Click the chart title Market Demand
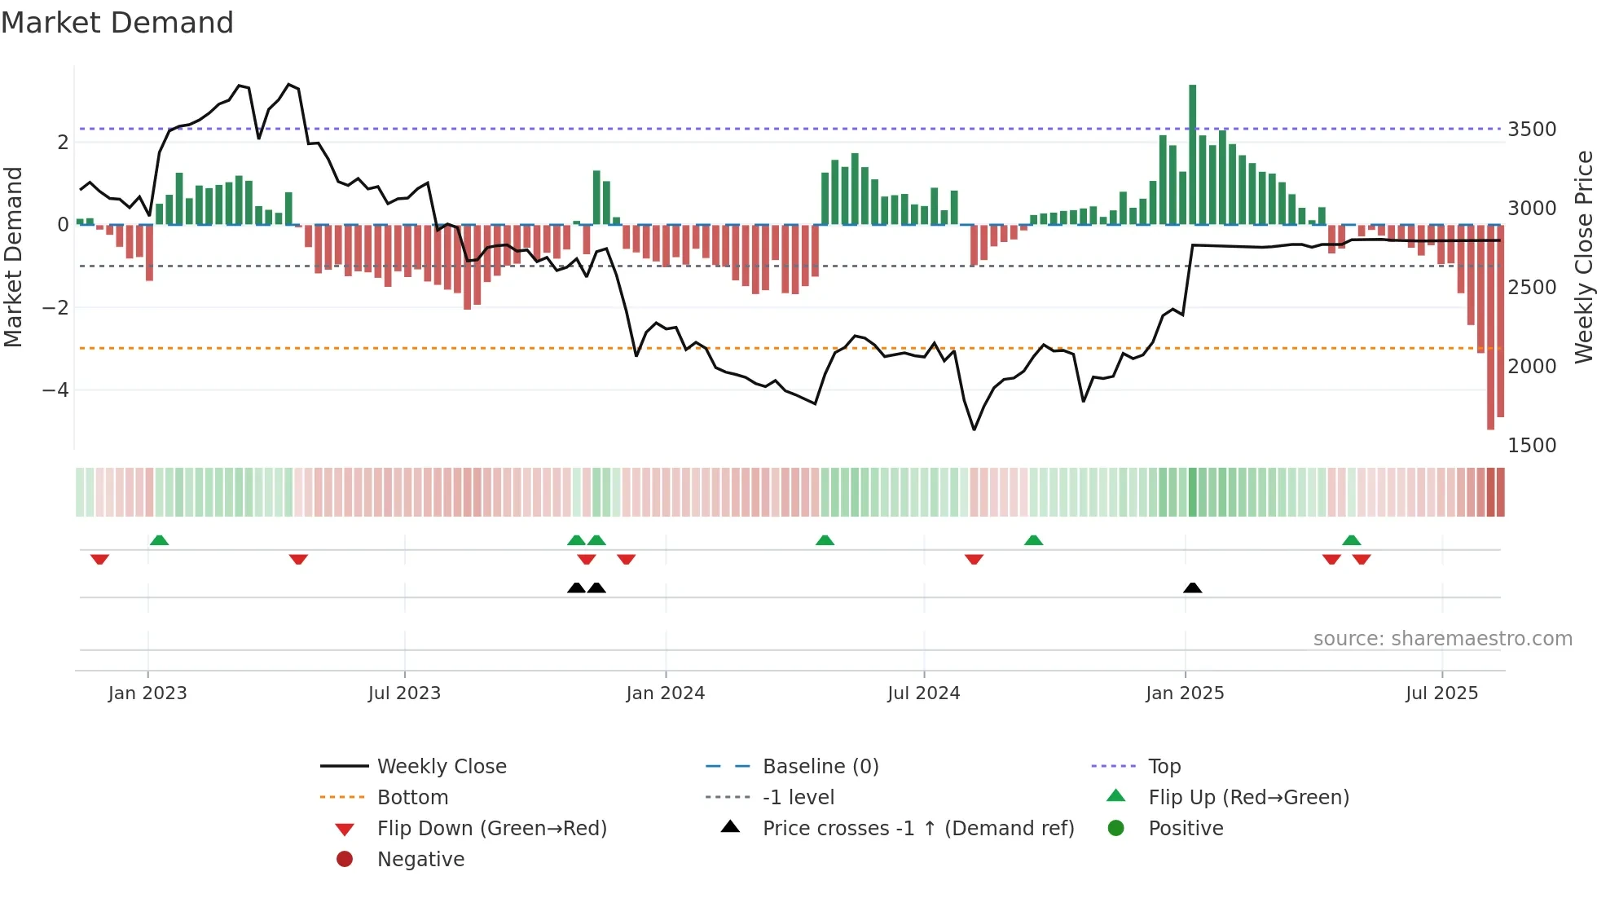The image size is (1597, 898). [117, 23]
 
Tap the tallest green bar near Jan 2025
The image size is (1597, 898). [1192, 155]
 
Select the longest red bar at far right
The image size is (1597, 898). [1490, 326]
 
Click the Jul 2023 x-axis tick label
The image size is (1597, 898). [404, 693]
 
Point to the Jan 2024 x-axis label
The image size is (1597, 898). [665, 693]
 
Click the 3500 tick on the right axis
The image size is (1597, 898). [1532, 130]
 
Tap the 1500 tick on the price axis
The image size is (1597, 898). [1532, 446]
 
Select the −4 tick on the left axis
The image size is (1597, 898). [55, 390]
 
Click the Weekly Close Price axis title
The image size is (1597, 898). [1583, 257]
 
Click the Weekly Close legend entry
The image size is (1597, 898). [441, 767]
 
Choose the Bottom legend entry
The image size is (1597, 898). [412, 798]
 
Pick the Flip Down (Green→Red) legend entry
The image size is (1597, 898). [491, 829]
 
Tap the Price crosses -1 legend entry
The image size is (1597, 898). [917, 829]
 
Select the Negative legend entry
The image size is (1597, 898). [420, 860]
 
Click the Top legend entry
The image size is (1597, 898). [1164, 767]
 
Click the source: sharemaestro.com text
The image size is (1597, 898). [1442, 639]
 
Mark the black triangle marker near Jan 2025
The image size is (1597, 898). [1192, 588]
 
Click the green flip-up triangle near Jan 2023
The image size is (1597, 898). [160, 540]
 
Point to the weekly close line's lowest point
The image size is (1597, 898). [974, 429]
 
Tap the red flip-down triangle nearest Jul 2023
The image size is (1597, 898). [298, 559]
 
